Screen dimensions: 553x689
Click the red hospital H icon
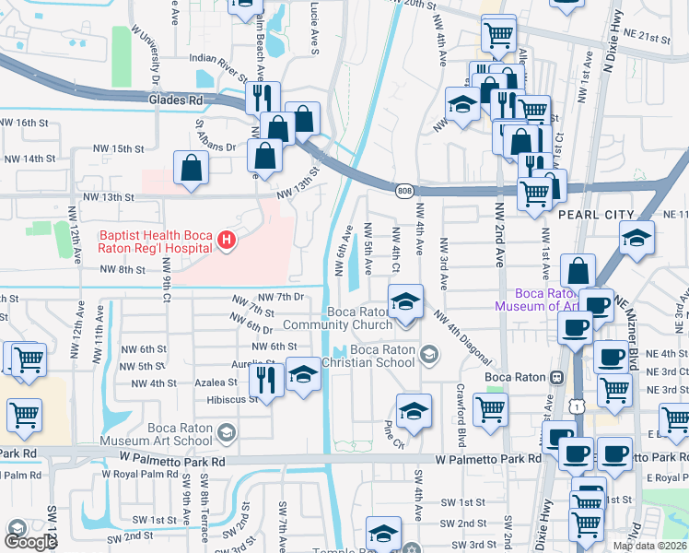pyautogui.click(x=227, y=241)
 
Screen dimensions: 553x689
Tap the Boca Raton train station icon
pyautogui.click(x=555, y=378)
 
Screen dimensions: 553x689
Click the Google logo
pyautogui.click(x=30, y=542)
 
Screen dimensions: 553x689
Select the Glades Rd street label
pyautogui.click(x=175, y=99)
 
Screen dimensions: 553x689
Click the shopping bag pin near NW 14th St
pyautogui.click(x=191, y=169)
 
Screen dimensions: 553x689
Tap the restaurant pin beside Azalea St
pyautogui.click(x=266, y=379)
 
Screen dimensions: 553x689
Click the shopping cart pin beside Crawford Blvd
pyautogui.click(x=490, y=411)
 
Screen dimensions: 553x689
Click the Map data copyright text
pyautogui.click(x=649, y=546)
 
